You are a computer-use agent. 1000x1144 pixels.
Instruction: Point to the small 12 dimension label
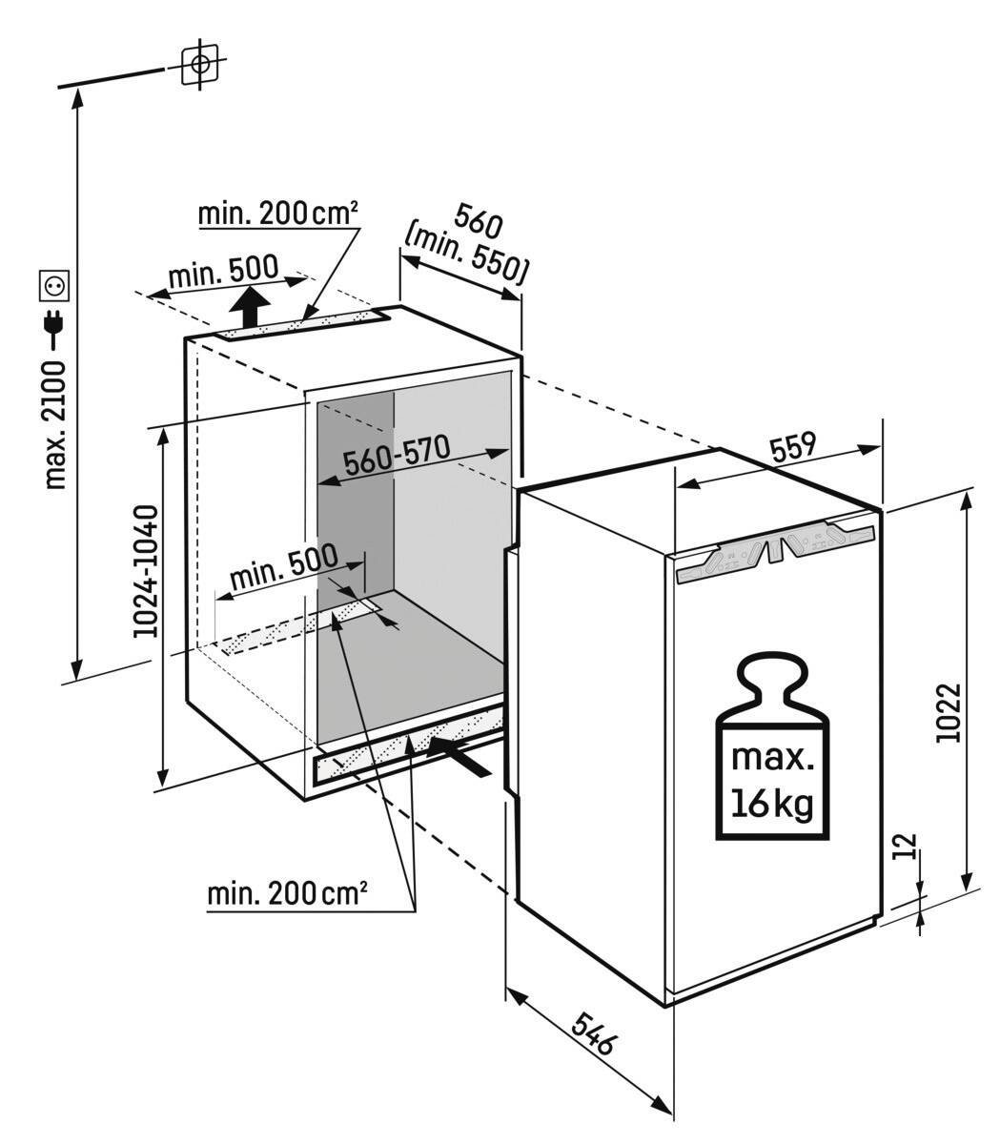pyautogui.click(x=907, y=847)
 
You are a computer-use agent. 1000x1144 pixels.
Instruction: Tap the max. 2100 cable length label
pyautogui.click(x=56, y=424)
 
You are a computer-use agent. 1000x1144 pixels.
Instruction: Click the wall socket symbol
pyautogui.click(x=51, y=283)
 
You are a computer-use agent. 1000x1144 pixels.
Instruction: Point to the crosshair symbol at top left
pyautogui.click(x=199, y=64)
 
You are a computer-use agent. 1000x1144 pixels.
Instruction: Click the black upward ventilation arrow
pyautogui.click(x=250, y=307)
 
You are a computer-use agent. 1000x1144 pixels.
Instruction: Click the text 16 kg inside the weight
pyautogui.click(x=773, y=804)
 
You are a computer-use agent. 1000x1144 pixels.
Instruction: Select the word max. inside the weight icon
pyautogui.click(x=773, y=760)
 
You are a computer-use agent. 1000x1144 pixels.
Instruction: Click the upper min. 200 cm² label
pyautogui.click(x=277, y=214)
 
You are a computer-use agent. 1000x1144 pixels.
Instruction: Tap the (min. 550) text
pyautogui.click(x=465, y=257)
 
